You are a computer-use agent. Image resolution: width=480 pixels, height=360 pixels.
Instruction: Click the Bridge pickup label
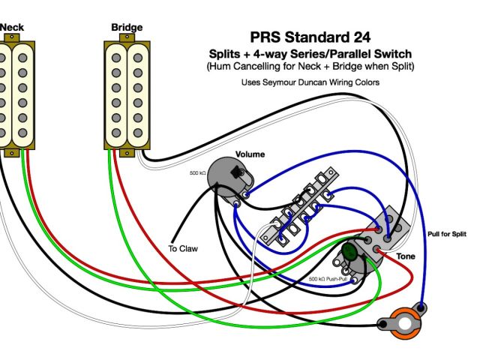point(127,28)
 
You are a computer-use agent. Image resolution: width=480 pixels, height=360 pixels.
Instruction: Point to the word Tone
point(406,256)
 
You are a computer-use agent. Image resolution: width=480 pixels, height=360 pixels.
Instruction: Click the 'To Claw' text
point(182,248)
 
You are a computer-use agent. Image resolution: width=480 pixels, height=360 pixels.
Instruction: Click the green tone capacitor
point(349,255)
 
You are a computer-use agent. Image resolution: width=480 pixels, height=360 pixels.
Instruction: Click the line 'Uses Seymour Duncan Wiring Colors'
point(310,82)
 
